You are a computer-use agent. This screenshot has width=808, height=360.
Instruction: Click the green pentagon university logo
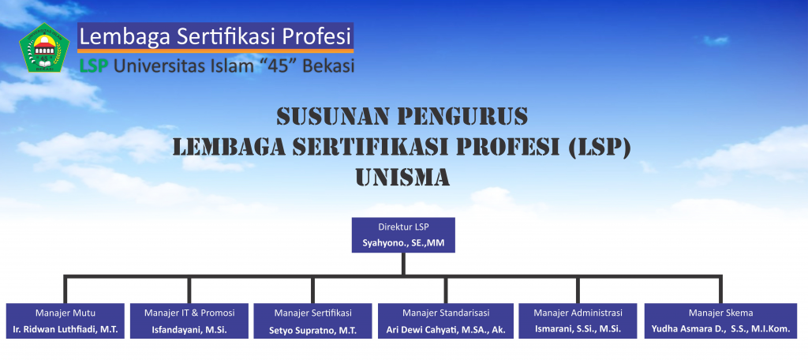pyautogui.click(x=44, y=47)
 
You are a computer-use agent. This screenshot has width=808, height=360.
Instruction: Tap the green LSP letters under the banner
pyautogui.click(x=94, y=66)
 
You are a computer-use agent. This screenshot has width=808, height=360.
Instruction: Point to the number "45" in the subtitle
pyautogui.click(x=276, y=66)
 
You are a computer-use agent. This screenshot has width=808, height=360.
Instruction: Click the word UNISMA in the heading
pyautogui.click(x=402, y=178)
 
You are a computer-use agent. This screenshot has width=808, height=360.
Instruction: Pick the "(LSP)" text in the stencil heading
pyautogui.click(x=599, y=148)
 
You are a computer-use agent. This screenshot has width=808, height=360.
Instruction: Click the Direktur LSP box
pyautogui.click(x=403, y=234)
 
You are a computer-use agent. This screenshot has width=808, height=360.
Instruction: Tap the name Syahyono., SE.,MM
pyautogui.click(x=403, y=242)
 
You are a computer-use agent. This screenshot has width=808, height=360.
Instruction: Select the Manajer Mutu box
pyautogui.click(x=65, y=321)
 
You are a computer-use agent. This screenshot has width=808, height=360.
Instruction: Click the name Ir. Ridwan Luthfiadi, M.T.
pyautogui.click(x=65, y=329)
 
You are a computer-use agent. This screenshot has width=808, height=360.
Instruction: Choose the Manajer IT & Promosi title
pyautogui.click(x=189, y=313)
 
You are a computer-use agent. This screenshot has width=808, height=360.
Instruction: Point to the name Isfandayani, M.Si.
pyautogui.click(x=189, y=329)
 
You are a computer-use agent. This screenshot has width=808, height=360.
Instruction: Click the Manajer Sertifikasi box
pyautogui.click(x=312, y=321)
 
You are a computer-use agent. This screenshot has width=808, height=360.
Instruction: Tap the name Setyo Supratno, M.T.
pyautogui.click(x=312, y=329)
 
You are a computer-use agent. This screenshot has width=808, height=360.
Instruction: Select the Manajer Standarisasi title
pyautogui.click(x=446, y=313)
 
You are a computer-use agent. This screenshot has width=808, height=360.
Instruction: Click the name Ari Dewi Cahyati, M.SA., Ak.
pyautogui.click(x=446, y=329)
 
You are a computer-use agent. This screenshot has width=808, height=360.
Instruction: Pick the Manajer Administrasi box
pyautogui.click(x=578, y=321)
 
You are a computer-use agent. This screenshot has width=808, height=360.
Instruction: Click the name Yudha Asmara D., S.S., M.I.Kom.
pyautogui.click(x=720, y=329)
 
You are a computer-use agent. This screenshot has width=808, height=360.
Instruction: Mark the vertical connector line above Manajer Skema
pyautogui.click(x=720, y=290)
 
